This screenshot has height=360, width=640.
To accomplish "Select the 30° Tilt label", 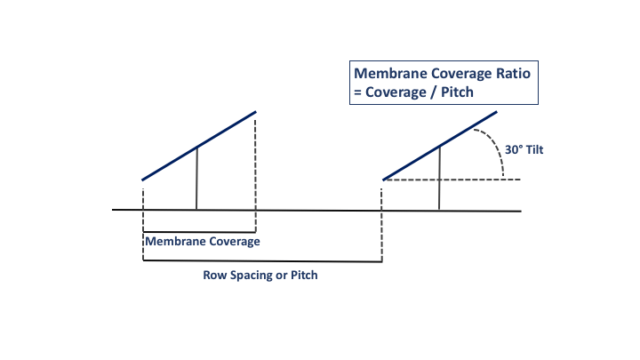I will pyautogui.click(x=524, y=150).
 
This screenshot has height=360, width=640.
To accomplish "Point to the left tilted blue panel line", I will pyautogui.click(x=199, y=147).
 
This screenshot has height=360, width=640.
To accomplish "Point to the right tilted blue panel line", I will pyautogui.click(x=440, y=147).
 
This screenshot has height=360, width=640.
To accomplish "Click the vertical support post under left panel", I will pyautogui.click(x=196, y=178).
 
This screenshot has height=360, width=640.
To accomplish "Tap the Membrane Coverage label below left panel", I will pyautogui.click(x=202, y=241).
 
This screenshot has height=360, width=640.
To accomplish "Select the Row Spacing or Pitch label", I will pyautogui.click(x=260, y=276).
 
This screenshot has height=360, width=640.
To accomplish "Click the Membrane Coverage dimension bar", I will pyautogui.click(x=199, y=232).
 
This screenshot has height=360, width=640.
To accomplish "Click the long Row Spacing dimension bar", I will pyautogui.click(x=262, y=261).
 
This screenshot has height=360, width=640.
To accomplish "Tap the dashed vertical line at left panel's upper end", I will pyautogui.click(x=256, y=164).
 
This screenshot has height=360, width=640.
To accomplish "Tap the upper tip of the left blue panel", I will pyautogui.click(x=256, y=112).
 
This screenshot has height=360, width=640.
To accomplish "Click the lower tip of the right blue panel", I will pyautogui.click(x=383, y=180).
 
